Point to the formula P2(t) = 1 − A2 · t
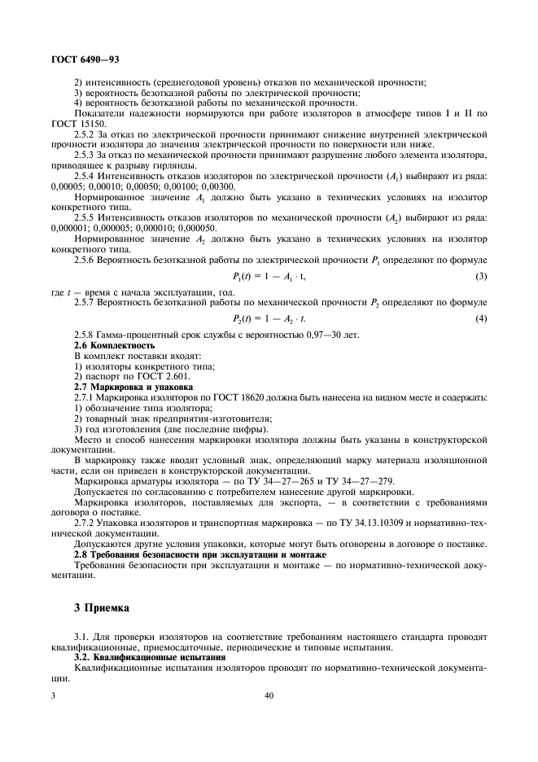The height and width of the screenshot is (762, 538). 269,317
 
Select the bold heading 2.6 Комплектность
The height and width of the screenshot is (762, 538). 115,346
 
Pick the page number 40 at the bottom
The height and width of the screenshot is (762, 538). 269,696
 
